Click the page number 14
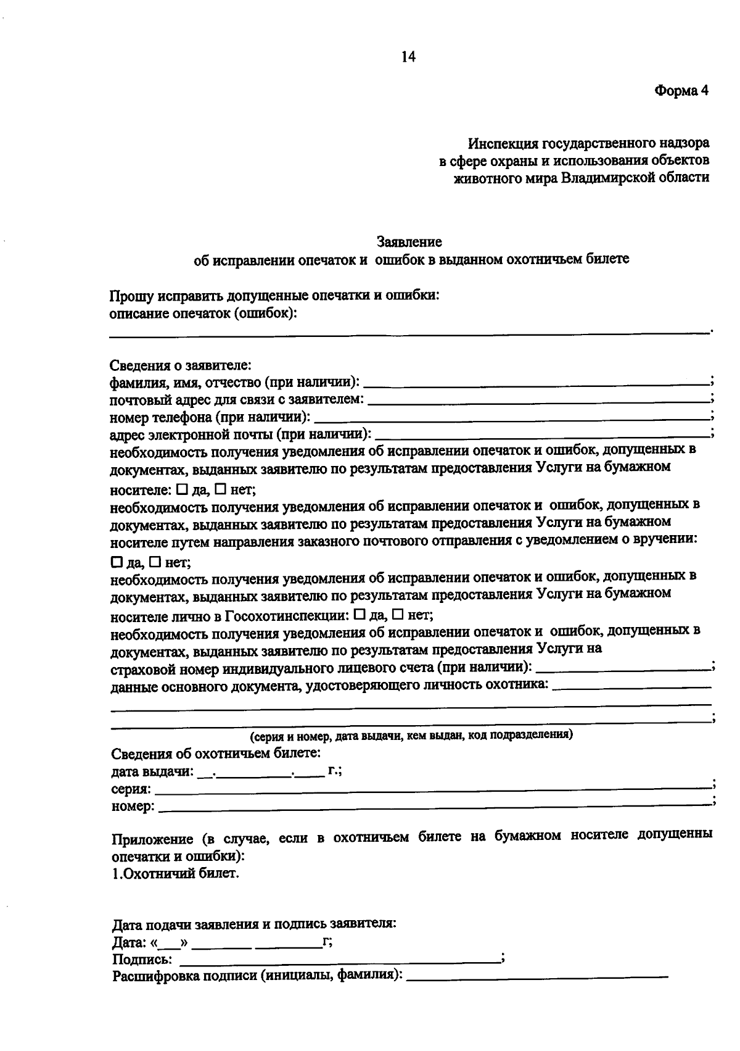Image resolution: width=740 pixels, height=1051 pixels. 408,57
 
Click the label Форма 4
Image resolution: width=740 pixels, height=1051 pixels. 681,91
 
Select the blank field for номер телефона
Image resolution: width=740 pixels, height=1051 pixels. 512,417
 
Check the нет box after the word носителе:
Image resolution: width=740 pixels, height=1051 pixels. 220,490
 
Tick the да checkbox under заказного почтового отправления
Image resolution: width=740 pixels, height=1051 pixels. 117,562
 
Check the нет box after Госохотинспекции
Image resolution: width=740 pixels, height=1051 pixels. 398,615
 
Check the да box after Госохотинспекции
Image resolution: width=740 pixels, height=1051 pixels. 360,615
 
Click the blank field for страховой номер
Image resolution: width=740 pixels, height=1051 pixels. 623,668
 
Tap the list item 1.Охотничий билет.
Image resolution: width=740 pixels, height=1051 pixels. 175,873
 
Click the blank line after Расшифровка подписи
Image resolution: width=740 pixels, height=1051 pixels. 536,978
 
